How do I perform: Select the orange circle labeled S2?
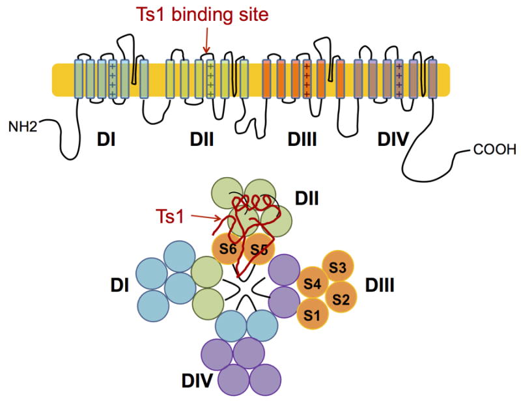pos(341,299)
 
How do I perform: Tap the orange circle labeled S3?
pos(337,268)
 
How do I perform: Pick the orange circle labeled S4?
pos(313,284)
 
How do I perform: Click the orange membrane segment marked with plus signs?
pos(306,79)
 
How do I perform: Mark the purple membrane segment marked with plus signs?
pos(399,79)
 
